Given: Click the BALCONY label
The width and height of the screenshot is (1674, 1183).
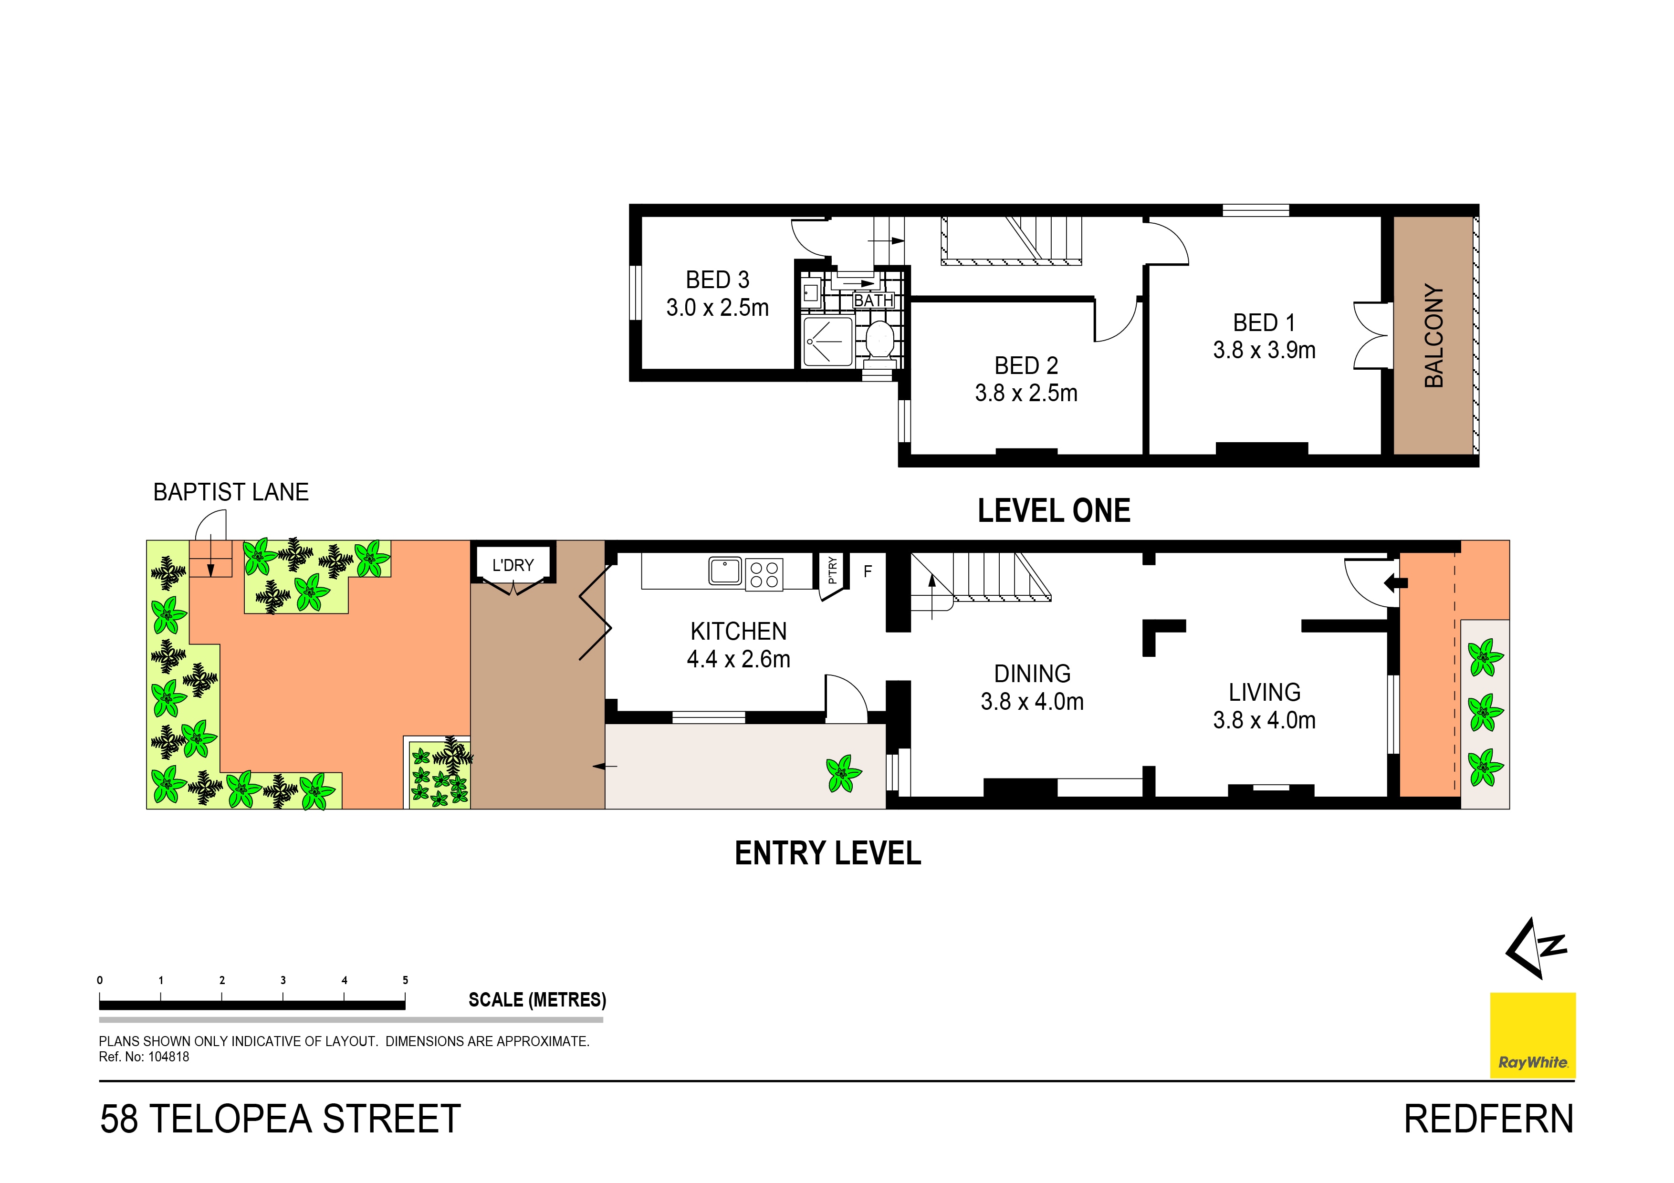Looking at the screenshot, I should point(1433,336).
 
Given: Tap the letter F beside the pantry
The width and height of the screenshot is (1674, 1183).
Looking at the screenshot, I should point(868,571).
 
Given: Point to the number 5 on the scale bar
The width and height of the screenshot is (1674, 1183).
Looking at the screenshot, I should point(405,980).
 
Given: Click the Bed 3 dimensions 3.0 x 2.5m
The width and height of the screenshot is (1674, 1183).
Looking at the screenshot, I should point(717,308).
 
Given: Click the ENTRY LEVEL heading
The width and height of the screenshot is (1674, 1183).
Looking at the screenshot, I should point(827,853).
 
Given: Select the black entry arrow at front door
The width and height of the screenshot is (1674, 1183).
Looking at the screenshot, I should point(1395,582).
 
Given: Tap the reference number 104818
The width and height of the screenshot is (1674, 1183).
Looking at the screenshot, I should point(168,1057).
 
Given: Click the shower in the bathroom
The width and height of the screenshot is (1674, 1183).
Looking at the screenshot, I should point(827,341).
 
